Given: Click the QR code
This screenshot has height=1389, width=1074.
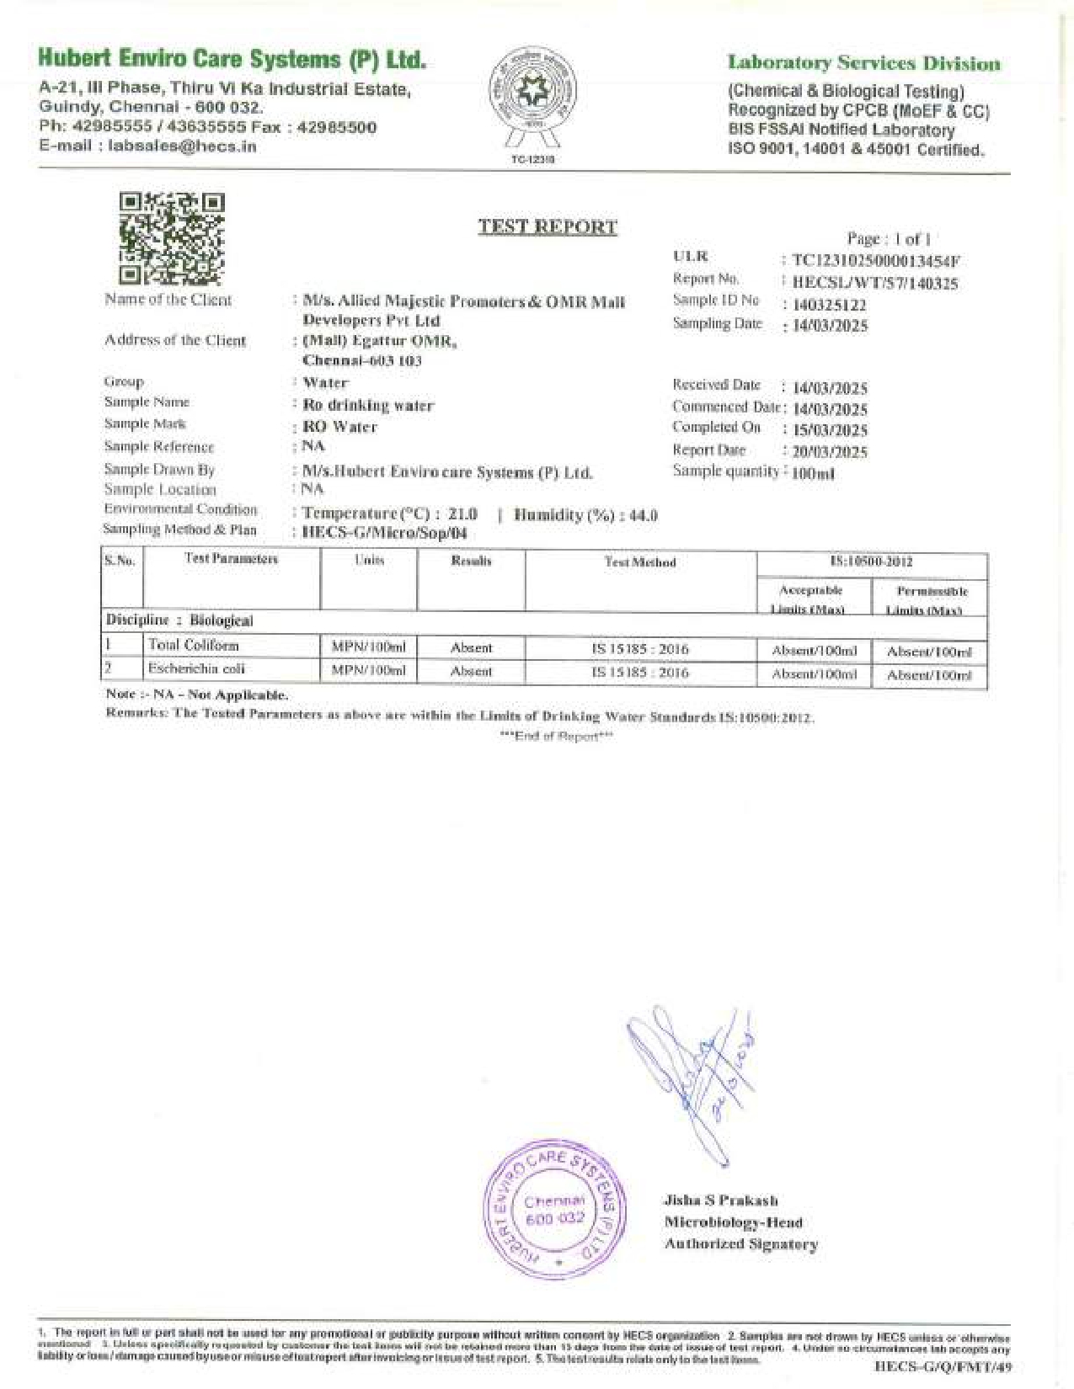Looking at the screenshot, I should (172, 238).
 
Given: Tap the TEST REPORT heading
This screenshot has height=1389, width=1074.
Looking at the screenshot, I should (548, 226).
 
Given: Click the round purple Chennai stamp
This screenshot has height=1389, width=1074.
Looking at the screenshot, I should (555, 1209).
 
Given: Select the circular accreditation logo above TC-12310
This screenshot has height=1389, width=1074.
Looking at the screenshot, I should (532, 95).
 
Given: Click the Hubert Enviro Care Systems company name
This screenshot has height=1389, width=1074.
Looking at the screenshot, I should (232, 59).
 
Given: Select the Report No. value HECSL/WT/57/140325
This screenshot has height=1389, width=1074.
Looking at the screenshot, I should (875, 284).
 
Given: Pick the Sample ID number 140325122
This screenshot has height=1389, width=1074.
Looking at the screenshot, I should (829, 305).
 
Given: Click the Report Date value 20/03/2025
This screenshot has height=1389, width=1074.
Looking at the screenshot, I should (830, 452).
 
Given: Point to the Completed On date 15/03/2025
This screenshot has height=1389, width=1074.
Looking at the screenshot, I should (830, 430).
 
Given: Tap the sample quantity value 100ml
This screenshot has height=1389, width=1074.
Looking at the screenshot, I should (814, 474).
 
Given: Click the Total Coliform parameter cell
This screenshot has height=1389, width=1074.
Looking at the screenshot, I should (194, 646).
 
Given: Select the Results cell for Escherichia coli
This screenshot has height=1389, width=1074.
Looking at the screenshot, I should (471, 672).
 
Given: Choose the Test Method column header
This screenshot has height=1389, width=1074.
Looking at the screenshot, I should (640, 562).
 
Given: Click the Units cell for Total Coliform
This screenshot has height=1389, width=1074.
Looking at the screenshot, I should (369, 647).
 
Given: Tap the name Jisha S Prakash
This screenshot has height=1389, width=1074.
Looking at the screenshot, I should (720, 1200).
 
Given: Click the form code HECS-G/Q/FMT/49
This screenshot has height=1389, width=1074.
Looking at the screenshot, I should (943, 1368).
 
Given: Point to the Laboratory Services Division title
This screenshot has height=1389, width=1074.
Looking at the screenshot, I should (864, 63).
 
